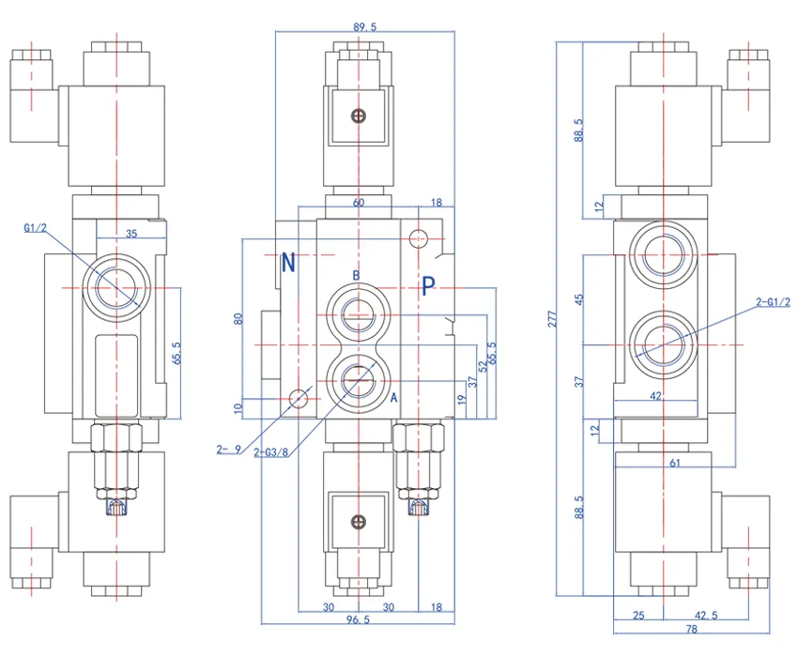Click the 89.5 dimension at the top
(x=364, y=27)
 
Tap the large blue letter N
(x=289, y=263)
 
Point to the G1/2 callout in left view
(x=35, y=227)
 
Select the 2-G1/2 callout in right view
(x=773, y=301)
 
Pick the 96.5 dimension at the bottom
(x=356, y=620)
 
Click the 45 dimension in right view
(x=579, y=299)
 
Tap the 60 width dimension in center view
(x=358, y=203)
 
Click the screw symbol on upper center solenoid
(x=357, y=115)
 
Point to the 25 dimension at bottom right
(x=639, y=615)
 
